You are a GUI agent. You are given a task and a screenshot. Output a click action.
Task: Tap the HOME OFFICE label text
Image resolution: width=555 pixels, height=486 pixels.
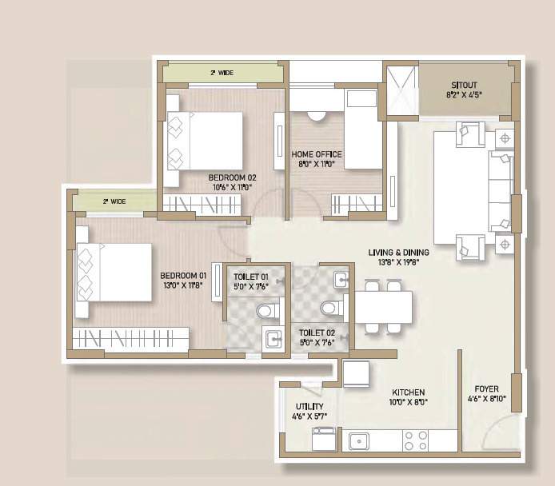tap(317, 154)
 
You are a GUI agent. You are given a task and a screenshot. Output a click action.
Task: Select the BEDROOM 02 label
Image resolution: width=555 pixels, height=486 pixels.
tap(232, 177)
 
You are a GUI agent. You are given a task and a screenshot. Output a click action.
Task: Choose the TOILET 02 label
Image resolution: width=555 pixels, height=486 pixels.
tap(317, 331)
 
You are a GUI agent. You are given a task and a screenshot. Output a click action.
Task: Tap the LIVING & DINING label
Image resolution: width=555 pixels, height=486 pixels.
tap(393, 251)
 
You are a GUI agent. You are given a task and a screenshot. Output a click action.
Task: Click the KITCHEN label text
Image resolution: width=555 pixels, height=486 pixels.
tap(408, 392)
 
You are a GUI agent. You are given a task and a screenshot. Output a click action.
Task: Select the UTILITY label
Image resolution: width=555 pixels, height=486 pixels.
tap(309, 407)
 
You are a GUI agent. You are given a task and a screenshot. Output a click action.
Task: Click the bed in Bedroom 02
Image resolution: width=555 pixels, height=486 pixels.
tap(205, 141)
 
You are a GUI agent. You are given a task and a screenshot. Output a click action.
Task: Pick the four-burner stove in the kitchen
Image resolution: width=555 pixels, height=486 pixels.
tap(415, 440)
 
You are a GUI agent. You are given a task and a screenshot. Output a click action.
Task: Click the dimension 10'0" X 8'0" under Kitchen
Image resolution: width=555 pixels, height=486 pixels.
tap(408, 403)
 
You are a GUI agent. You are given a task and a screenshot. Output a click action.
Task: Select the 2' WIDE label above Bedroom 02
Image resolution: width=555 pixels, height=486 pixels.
tap(222, 73)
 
